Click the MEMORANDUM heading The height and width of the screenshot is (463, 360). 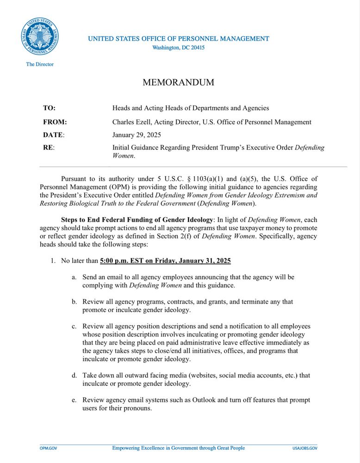tap(178, 83)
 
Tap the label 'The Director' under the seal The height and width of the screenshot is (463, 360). tap(40, 64)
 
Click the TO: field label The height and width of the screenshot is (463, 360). tap(49, 108)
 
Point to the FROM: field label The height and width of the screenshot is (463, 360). tap(55, 122)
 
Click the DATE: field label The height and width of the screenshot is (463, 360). tap(54, 135)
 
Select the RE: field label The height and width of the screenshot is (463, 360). tap(49, 148)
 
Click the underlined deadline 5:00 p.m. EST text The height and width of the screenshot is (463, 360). tap(127, 261)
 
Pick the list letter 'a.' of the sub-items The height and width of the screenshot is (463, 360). tap(74, 277)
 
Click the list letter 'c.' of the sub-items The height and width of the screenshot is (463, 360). tap(74, 326)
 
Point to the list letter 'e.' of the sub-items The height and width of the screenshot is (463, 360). tap(74, 400)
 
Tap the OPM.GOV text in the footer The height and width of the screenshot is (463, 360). tap(48, 448)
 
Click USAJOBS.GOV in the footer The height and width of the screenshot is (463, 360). tap(305, 448)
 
